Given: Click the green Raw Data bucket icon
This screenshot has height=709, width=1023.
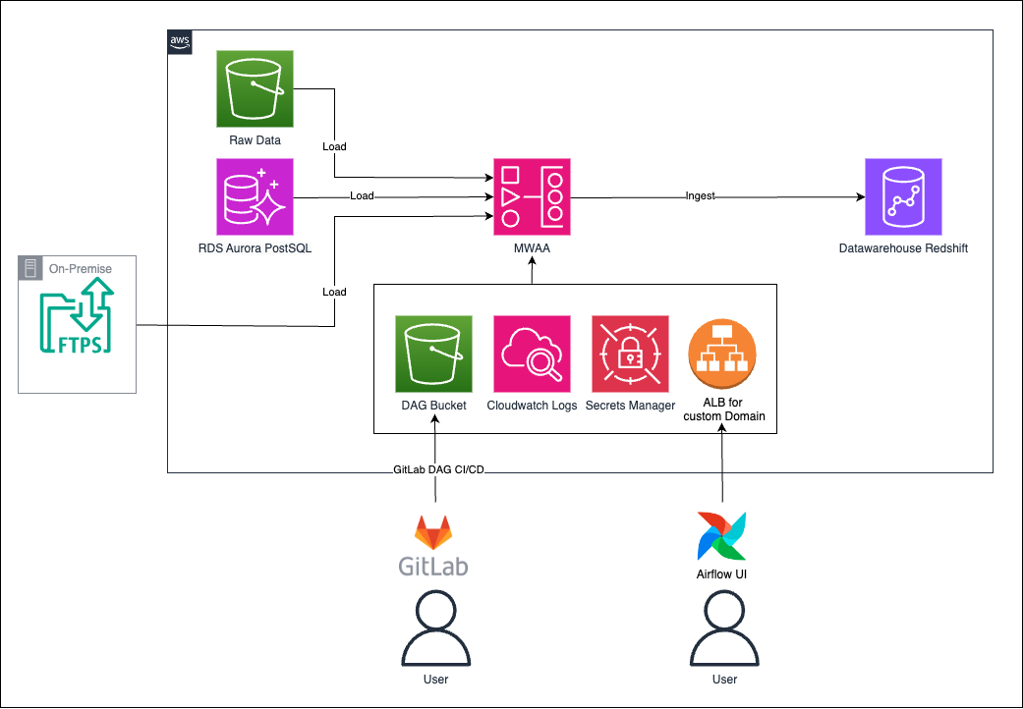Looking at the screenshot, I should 255,88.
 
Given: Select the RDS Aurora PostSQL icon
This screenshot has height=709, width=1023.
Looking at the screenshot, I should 255,196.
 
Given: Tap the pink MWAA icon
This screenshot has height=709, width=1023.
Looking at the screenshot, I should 532,196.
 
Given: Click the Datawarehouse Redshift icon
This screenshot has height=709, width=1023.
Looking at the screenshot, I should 903,196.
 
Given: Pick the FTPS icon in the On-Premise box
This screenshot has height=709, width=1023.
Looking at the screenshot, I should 77,317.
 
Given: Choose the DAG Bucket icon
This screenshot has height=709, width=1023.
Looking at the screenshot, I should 433,354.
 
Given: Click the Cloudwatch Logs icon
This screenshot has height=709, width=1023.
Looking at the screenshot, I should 532,354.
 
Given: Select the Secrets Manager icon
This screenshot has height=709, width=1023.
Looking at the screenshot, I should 630,354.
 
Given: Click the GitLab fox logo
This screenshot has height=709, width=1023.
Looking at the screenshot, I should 433,532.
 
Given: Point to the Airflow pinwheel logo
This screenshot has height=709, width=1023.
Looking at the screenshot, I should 723,534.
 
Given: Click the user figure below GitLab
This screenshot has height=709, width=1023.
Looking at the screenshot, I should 433,628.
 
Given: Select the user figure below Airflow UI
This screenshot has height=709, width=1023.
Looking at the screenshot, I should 723,628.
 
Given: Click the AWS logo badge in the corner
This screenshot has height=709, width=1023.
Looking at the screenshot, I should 180,41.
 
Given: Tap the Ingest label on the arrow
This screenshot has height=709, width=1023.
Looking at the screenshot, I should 700,196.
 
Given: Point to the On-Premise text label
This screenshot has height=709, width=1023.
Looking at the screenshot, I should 83,268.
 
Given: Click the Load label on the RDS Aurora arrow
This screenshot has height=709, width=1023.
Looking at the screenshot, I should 362,196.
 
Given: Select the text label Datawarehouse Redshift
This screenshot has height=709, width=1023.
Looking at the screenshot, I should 903,248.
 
